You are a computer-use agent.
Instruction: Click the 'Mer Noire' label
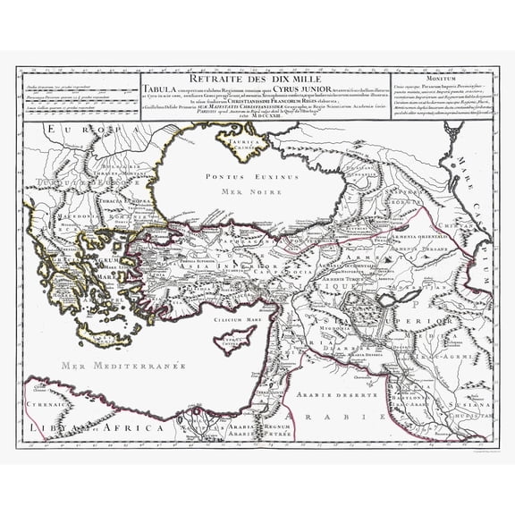coord(240,190)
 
